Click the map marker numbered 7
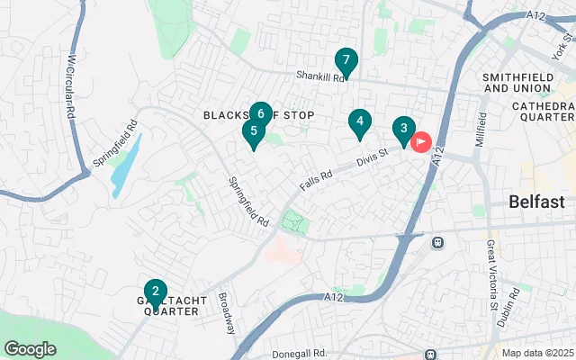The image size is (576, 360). [346, 61]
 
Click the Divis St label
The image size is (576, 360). [370, 157]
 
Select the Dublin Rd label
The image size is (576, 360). [516, 305]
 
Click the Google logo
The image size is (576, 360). [30, 349]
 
